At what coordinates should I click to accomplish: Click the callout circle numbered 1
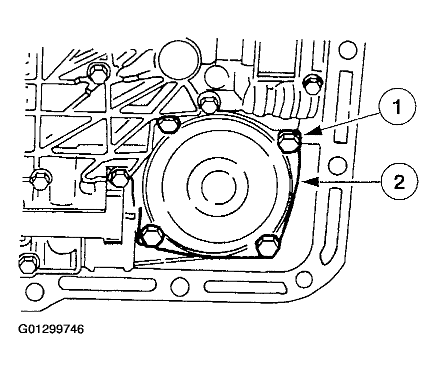[397, 106]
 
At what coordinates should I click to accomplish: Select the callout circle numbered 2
[399, 182]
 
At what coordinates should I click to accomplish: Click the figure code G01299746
[51, 329]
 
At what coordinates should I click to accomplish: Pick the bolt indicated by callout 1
[290, 141]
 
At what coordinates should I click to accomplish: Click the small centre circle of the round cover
[219, 186]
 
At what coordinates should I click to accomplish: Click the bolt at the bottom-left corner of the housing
[28, 263]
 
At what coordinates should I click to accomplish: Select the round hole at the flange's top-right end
[347, 49]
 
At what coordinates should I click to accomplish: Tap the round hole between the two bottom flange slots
[179, 287]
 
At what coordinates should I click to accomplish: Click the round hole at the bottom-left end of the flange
[35, 292]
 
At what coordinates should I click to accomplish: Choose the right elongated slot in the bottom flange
[245, 287]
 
